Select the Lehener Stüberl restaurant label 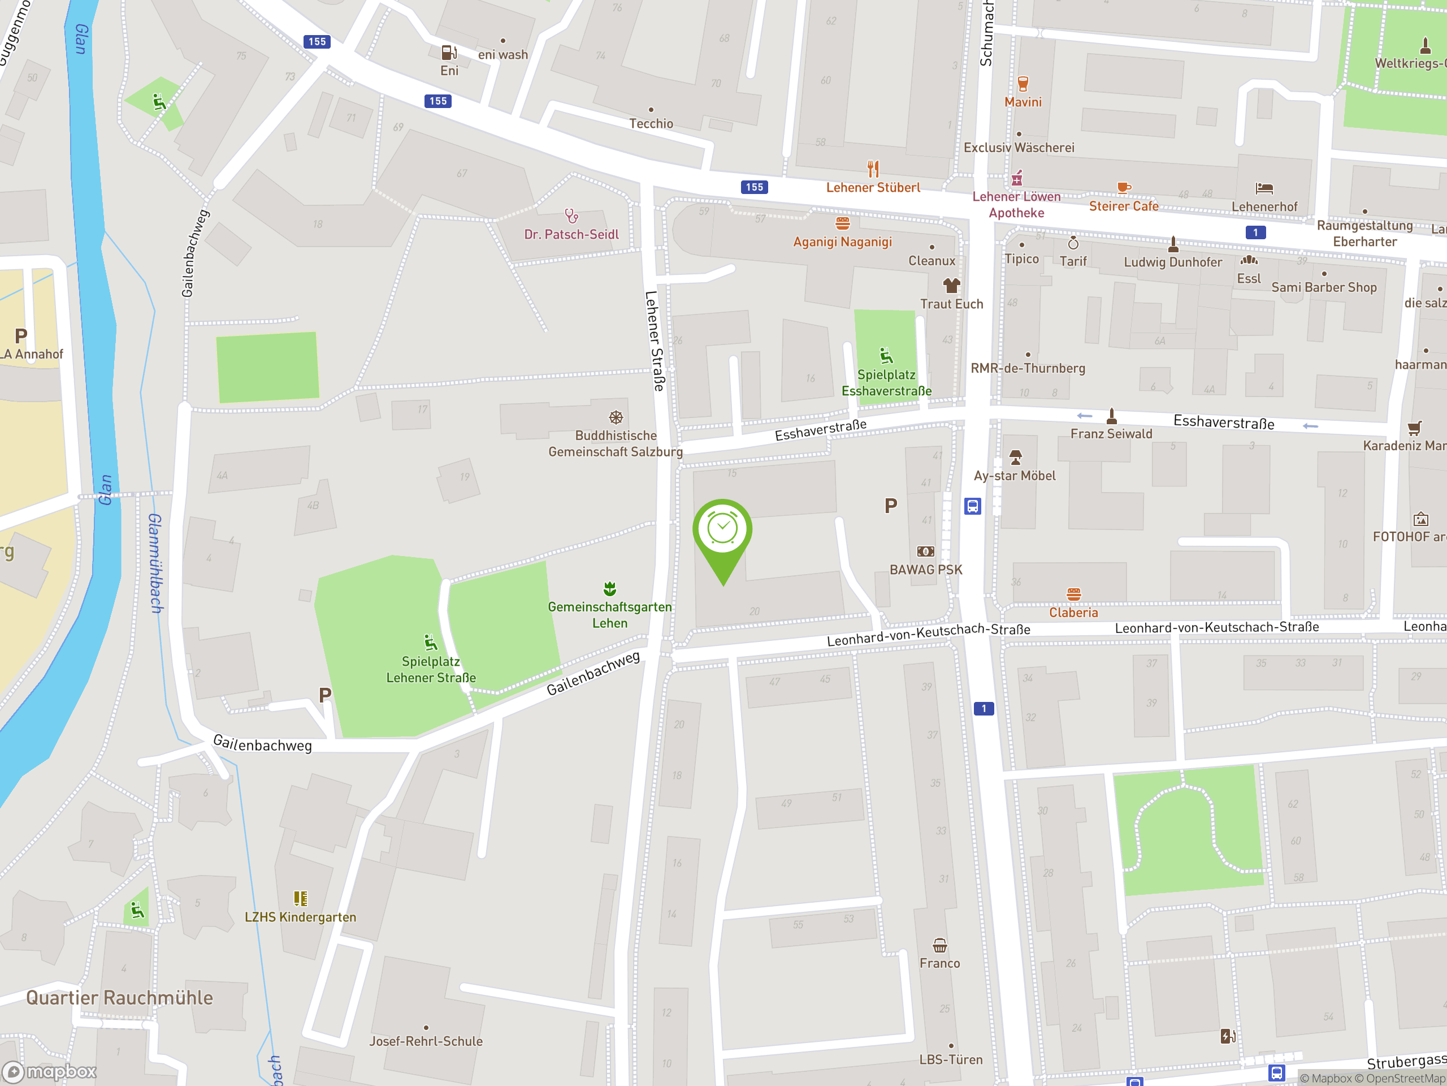pyautogui.click(x=873, y=188)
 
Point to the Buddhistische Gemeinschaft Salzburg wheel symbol pyautogui.click(x=616, y=417)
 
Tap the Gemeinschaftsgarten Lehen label pyautogui.click(x=610, y=615)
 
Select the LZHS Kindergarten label pyautogui.click(x=300, y=917)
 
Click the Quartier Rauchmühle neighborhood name pyautogui.click(x=120, y=998)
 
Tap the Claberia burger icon pyautogui.click(x=1073, y=594)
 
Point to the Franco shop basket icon pyautogui.click(x=939, y=946)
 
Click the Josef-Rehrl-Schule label pyautogui.click(x=426, y=1041)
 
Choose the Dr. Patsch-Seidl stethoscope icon pyautogui.click(x=571, y=216)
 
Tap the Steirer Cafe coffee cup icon pyautogui.click(x=1123, y=188)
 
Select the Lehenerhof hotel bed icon pyautogui.click(x=1264, y=189)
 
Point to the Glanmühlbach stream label pyautogui.click(x=155, y=563)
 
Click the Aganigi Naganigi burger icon pyautogui.click(x=843, y=224)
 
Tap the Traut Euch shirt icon pyautogui.click(x=951, y=286)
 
